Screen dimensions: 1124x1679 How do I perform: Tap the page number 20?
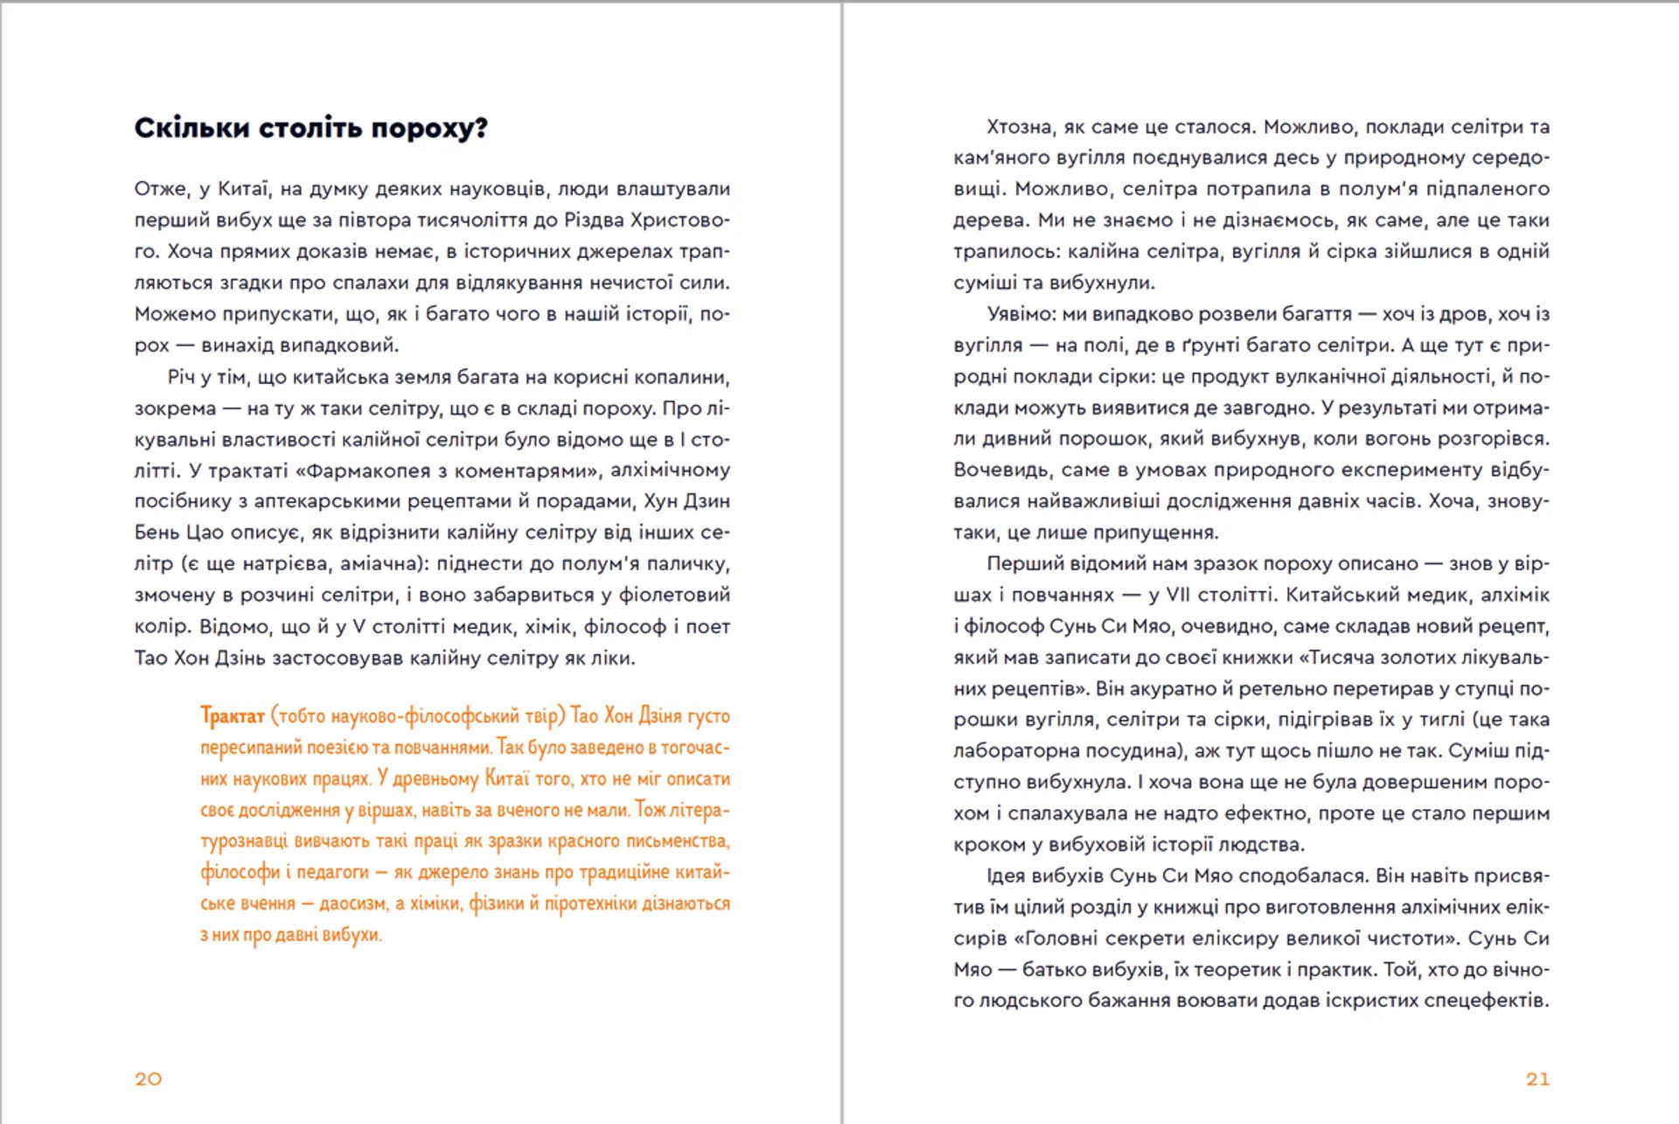point(148,1079)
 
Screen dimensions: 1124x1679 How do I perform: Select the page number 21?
point(1537,1079)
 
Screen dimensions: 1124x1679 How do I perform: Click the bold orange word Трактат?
point(232,716)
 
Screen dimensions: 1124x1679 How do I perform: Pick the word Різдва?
point(594,220)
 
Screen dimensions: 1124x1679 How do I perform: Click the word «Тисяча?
point(1336,657)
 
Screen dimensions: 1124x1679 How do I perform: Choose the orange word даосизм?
point(353,903)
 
